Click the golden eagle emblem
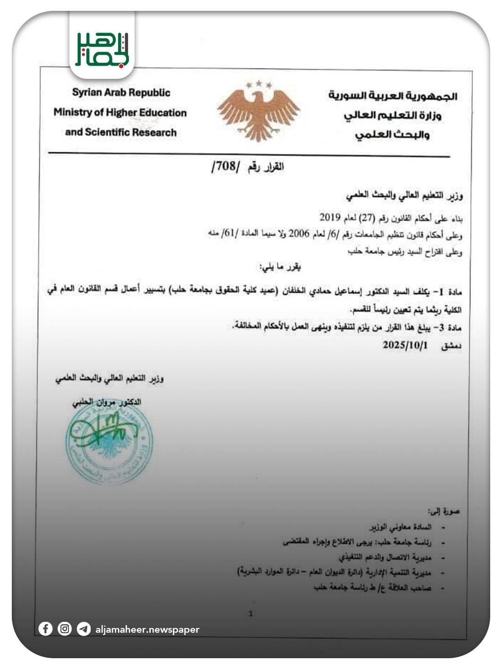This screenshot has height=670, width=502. (x=258, y=114)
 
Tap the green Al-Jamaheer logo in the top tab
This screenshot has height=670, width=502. (x=102, y=49)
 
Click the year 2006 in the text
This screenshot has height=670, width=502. (x=298, y=233)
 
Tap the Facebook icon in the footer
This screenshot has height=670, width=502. (x=45, y=629)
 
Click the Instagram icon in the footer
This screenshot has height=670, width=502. (x=65, y=629)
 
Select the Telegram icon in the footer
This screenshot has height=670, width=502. (x=84, y=629)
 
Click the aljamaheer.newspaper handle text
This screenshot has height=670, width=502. (x=147, y=629)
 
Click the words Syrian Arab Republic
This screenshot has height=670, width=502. (x=121, y=93)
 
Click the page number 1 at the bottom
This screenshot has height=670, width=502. (x=251, y=614)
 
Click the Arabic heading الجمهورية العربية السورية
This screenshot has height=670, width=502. (x=392, y=96)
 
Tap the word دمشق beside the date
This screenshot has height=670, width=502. (x=451, y=347)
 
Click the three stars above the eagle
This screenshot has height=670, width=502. (x=259, y=85)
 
